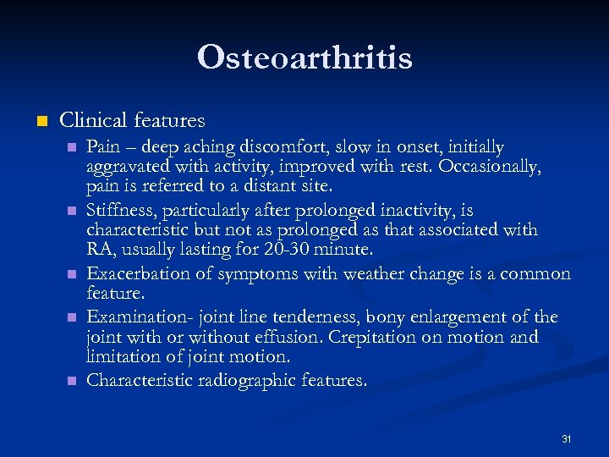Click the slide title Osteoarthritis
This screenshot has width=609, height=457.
click(304, 58)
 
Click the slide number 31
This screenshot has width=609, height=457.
click(566, 439)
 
